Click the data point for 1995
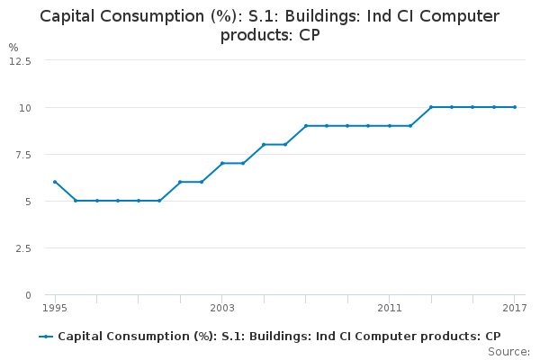pos(55,182)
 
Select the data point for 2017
pos(515,107)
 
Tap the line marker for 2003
pos(222,163)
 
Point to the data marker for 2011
pos(390,126)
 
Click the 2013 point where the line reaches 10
pos(431,107)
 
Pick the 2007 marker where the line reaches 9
pos(306,126)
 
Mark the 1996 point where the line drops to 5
pos(76,201)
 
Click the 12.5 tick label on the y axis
pos(20,61)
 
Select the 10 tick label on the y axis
pos(26,108)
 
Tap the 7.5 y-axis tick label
pos(23,155)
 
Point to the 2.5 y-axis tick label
pos(23,248)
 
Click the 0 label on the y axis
pos(28,295)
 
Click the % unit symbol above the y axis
pos(13,47)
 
